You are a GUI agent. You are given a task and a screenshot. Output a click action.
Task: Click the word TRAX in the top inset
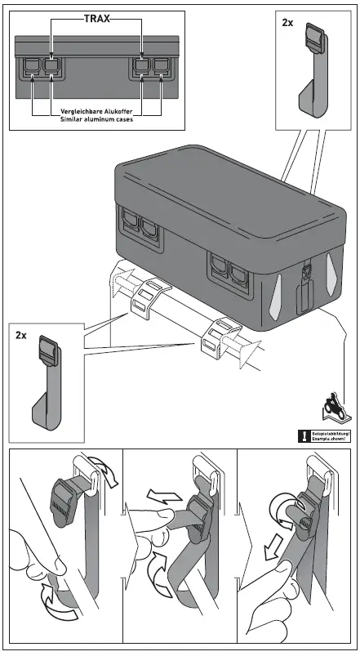97,17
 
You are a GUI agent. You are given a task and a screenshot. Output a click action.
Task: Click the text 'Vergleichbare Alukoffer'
97,110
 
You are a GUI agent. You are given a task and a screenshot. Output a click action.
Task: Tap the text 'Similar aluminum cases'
97,119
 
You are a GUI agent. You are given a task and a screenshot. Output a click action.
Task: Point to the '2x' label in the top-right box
287,23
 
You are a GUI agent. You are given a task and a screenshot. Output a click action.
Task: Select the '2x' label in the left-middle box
21,336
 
